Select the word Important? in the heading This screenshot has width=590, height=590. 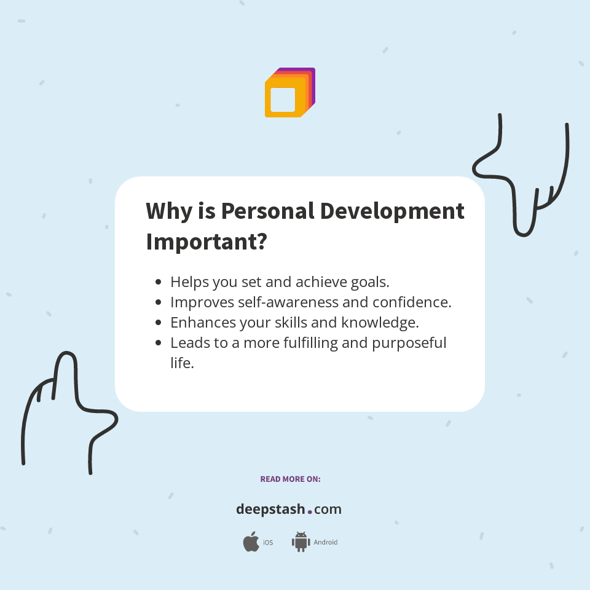206,242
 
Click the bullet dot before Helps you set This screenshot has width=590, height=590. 159,283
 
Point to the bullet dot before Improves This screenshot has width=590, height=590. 159,302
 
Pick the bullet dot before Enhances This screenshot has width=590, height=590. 159,323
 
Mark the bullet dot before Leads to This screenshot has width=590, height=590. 159,343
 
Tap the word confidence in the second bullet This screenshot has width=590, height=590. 413,302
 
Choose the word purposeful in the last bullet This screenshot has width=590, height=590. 409,343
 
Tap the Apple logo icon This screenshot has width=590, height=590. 251,542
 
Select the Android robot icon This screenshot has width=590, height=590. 301,542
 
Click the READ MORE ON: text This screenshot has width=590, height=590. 290,479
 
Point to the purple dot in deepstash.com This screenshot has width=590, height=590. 310,511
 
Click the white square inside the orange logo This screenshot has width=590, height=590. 283,100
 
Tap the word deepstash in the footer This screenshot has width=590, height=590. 270,509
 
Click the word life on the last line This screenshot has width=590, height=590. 182,363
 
